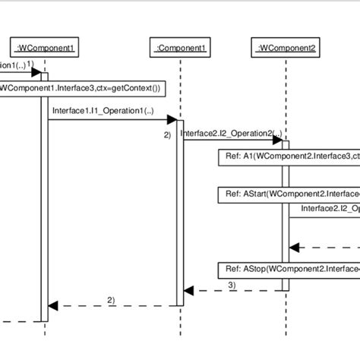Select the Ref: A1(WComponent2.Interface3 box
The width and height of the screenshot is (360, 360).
coord(289,157)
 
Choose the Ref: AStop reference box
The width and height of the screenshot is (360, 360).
coord(289,270)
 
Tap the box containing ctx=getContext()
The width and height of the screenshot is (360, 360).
coord(80,88)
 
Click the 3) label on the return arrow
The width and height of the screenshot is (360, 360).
coord(232,284)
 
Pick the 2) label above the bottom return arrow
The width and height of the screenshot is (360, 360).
coord(111,299)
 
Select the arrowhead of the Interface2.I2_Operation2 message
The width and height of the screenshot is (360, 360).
coord(279,139)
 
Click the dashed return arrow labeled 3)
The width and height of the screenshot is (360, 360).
coord(235,290)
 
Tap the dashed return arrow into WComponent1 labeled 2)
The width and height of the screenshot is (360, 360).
coord(114,305)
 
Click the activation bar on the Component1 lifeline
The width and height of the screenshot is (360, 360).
coord(180,213)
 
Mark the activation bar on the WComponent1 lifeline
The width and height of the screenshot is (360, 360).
coord(44,190)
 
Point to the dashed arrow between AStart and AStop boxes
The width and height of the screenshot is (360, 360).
coord(327,247)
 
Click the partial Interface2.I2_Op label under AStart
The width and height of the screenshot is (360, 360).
coord(330,208)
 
